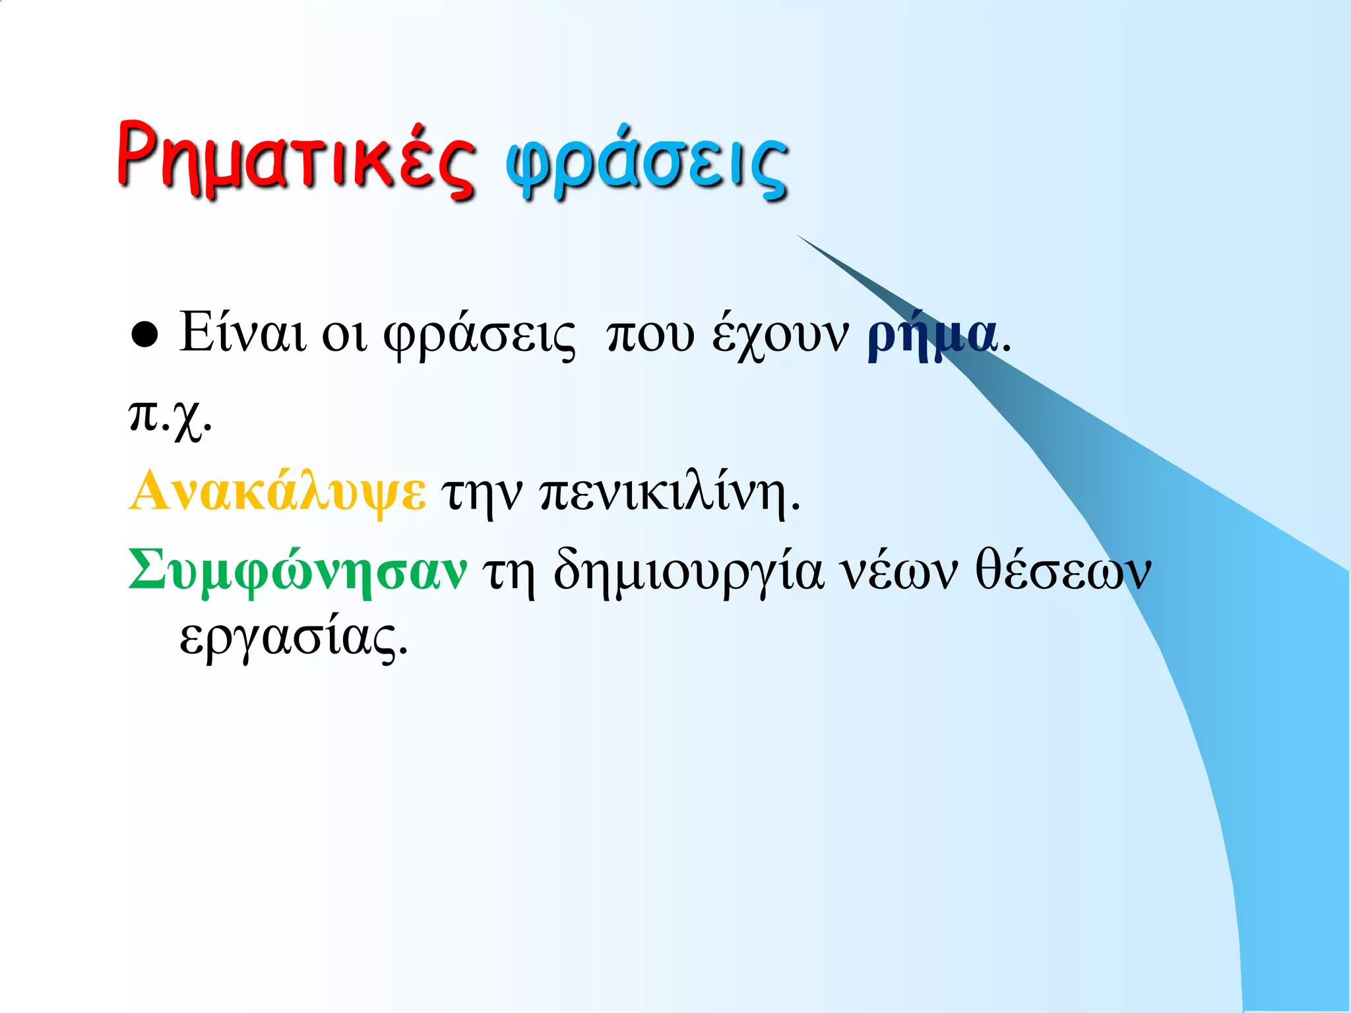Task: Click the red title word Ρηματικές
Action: (x=295, y=160)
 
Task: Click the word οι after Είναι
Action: (x=343, y=335)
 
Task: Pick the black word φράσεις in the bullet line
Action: (x=480, y=335)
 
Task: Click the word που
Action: (x=650, y=335)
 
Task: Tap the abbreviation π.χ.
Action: (x=170, y=417)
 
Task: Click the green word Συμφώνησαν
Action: (x=298, y=571)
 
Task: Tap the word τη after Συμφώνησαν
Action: (x=508, y=572)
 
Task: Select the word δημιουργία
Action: (x=689, y=572)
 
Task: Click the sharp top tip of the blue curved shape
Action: (x=798, y=235)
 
